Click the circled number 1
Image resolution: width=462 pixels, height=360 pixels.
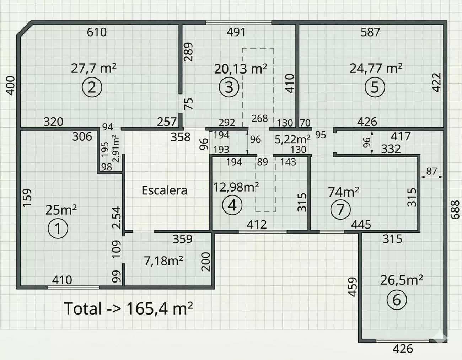[58, 229]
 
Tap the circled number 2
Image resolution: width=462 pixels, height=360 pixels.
[92, 87]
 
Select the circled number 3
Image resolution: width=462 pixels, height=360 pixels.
[229, 87]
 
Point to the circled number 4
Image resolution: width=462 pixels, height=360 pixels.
[232, 205]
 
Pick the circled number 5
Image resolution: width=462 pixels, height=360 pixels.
[375, 87]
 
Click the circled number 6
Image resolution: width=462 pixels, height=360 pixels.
[397, 300]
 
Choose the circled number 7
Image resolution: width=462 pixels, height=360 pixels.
[340, 209]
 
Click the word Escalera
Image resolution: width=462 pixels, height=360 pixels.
[164, 190]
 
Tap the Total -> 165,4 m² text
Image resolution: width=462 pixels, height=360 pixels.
[128, 308]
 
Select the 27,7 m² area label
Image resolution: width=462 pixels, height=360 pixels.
[93, 69]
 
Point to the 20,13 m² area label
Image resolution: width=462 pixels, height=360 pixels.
[241, 69]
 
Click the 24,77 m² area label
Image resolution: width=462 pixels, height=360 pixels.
[376, 69]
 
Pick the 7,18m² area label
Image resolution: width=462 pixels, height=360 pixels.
[164, 261]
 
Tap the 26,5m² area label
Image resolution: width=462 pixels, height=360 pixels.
[401, 280]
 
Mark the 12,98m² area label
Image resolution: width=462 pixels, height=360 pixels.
[236, 187]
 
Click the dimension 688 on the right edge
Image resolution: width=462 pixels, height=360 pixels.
[455, 210]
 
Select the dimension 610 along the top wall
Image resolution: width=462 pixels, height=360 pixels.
[97, 32]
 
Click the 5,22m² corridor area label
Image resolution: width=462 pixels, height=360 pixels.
[292, 139]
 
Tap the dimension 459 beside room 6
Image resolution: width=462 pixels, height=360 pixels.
[353, 287]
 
